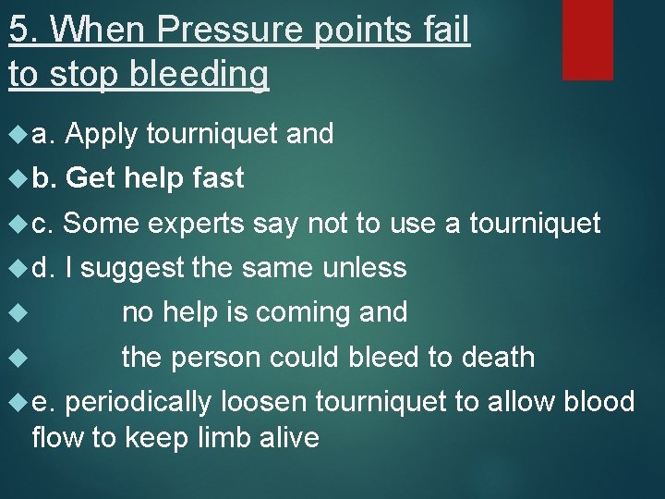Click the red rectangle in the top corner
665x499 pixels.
point(588,39)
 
